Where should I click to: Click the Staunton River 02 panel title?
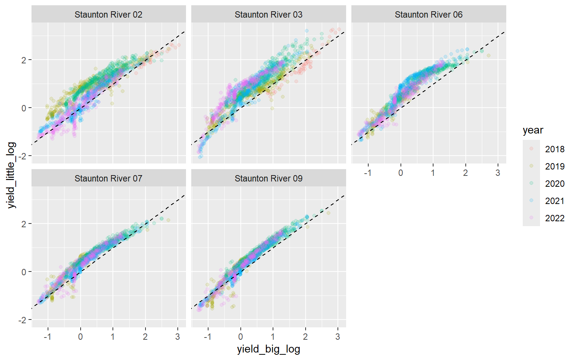tap(108, 15)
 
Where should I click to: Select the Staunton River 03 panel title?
tap(268, 15)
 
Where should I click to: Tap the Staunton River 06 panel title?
tap(429, 15)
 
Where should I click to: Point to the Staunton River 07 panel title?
tap(108, 178)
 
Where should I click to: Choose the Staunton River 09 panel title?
tap(268, 178)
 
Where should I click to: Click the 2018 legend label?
tap(555, 149)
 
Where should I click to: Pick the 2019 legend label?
tap(555, 166)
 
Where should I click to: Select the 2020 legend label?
tap(555, 184)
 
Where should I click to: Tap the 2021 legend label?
tap(555, 201)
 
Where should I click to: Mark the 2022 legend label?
tap(555, 218)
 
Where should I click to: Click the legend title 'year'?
tap(533, 130)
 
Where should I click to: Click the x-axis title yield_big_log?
tap(268, 349)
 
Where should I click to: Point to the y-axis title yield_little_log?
tap(11, 175)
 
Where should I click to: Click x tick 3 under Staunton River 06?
tap(498, 173)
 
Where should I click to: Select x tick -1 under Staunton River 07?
tap(48, 337)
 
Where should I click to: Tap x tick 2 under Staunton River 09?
tap(305, 337)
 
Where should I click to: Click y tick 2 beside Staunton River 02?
tap(24, 60)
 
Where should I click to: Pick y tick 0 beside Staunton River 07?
tap(24, 272)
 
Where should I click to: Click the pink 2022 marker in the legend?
tap(531, 218)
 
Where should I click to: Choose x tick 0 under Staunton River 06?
tap(400, 173)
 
